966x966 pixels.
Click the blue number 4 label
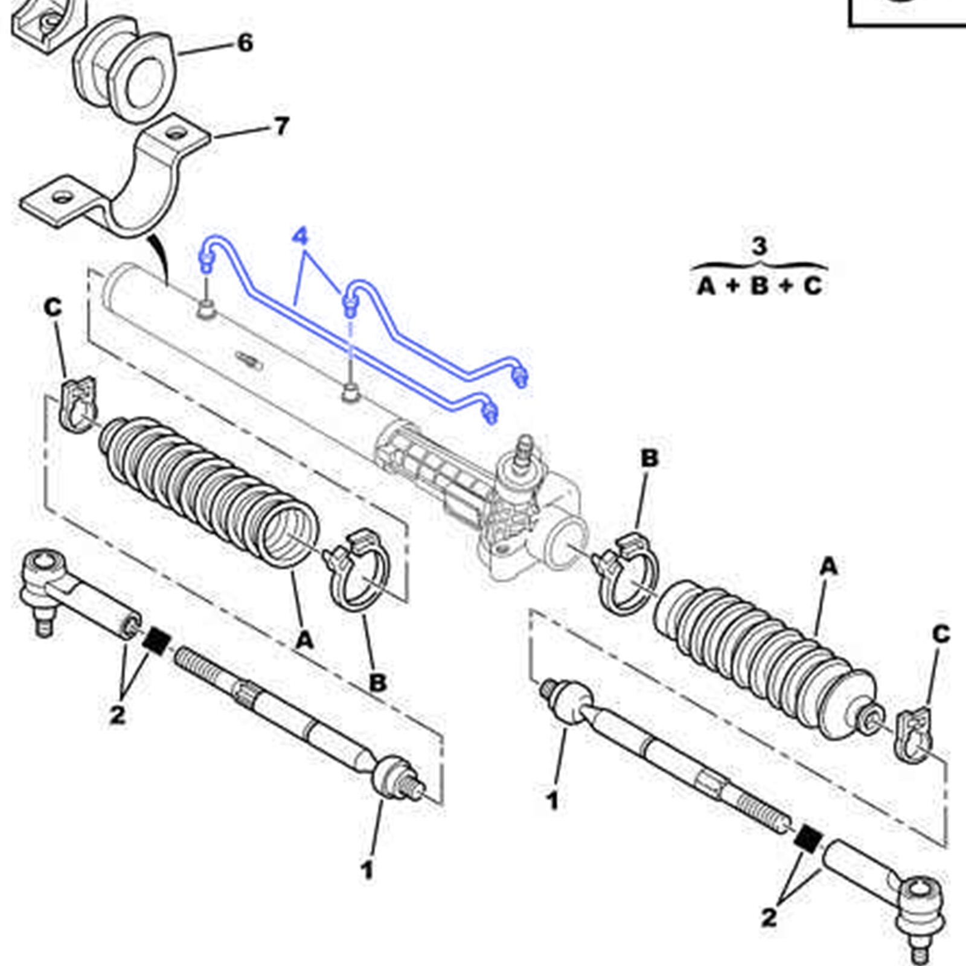300,236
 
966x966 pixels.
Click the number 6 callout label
245,43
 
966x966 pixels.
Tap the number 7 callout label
281,126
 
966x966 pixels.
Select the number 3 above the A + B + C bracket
759,246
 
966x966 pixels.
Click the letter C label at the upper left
53,307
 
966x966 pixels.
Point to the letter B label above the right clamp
649,458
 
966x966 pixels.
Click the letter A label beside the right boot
828,566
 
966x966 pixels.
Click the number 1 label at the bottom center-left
366,870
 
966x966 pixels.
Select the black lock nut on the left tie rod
156,640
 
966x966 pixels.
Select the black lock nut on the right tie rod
808,838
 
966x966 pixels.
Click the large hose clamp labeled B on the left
357,571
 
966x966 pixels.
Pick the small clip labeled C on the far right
913,735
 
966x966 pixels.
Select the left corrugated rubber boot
205,489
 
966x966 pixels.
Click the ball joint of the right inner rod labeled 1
571,700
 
